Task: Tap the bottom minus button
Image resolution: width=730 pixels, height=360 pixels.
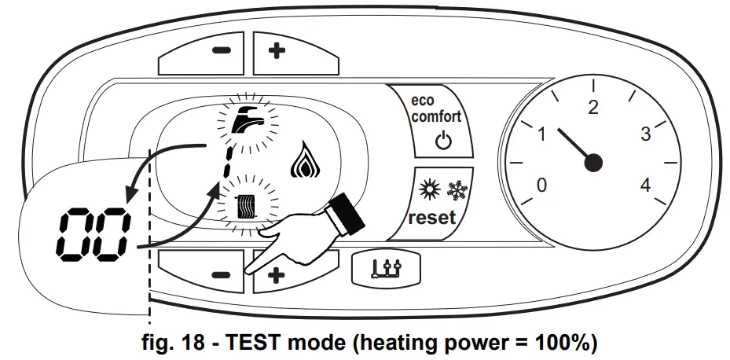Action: (221, 275)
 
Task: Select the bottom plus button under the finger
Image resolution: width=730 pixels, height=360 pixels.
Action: (277, 275)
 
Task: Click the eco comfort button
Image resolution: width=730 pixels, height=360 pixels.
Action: (438, 122)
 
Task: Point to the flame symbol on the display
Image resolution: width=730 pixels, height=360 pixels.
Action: (303, 163)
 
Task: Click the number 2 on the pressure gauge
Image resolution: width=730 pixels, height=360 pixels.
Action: (593, 108)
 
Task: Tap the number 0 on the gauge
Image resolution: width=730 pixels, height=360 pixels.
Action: (541, 186)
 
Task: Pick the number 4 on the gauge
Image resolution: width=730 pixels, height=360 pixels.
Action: (645, 186)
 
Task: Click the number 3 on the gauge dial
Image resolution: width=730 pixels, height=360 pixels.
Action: (645, 134)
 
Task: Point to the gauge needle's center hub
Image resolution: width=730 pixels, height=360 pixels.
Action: (593, 163)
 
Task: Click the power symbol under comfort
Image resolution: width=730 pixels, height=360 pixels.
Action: (442, 142)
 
